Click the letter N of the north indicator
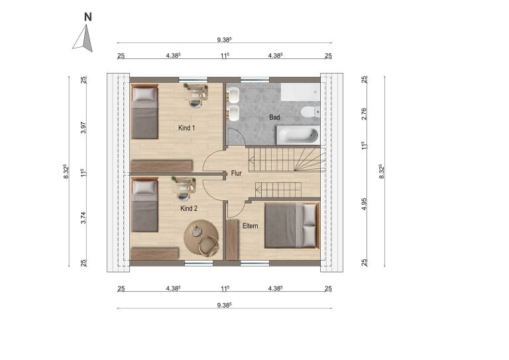tap(88, 17)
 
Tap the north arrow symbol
tap(84, 39)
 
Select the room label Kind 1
tap(187, 128)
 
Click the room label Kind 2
tap(189, 208)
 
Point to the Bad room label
tap(274, 117)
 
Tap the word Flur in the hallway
tap(237, 173)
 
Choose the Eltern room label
tap(251, 225)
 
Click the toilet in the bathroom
tap(310, 112)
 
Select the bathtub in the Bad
tap(298, 135)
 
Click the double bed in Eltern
tap(292, 225)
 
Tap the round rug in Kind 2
tap(201, 239)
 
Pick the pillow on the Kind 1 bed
tap(144, 94)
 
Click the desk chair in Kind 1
tap(195, 103)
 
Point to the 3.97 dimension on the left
tap(84, 128)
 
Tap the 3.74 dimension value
tap(84, 217)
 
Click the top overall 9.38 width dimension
tap(224, 40)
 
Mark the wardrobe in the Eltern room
tap(232, 239)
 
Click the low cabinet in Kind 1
tap(161, 166)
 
